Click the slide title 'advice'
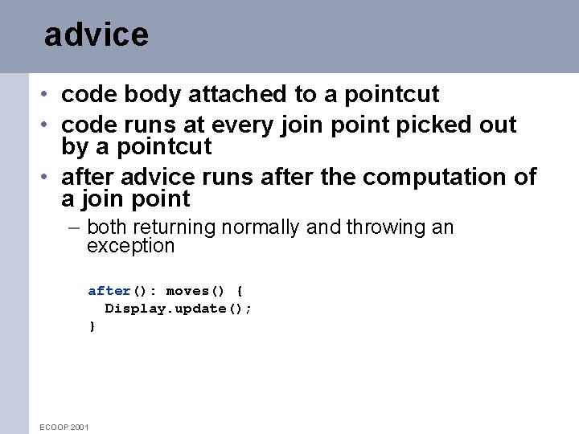tap(96, 35)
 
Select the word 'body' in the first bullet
tap(157, 95)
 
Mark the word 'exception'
tap(130, 246)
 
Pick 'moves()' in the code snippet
tap(195, 291)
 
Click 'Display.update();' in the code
tap(178, 309)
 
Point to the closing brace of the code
tap(92, 326)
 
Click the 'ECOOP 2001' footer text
tap(64, 427)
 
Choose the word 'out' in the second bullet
tap(498, 125)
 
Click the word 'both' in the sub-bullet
tap(106, 227)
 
